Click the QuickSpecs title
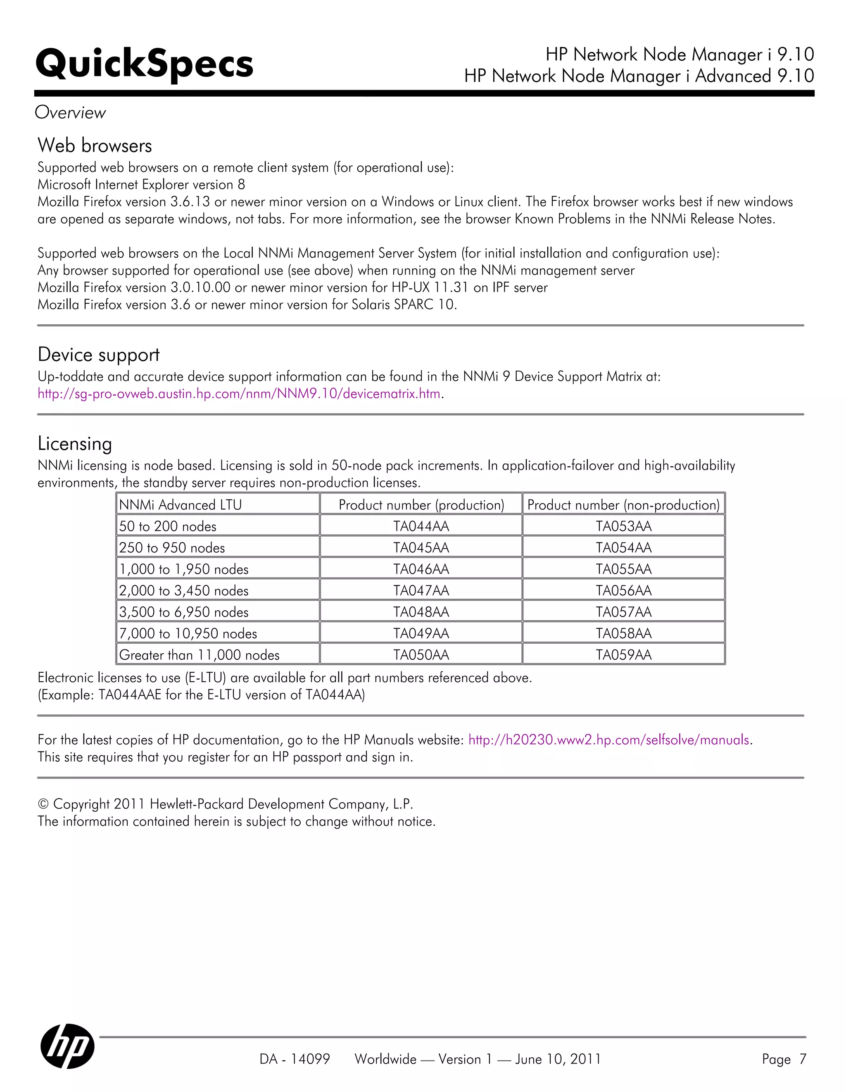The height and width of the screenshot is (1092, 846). [144, 64]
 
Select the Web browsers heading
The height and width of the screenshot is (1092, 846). [95, 145]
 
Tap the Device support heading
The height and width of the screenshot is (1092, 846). [98, 354]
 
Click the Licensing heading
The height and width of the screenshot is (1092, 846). [74, 443]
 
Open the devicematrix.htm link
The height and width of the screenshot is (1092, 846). [239, 394]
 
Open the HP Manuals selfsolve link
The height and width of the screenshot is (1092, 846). [608, 740]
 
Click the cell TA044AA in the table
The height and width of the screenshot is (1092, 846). [421, 526]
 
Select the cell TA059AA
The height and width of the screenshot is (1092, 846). [623, 654]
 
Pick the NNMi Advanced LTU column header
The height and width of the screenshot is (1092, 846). [180, 505]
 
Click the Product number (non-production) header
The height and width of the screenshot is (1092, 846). [623, 505]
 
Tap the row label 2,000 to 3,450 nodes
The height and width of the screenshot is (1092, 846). [183, 590]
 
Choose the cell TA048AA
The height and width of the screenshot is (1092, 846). [421, 612]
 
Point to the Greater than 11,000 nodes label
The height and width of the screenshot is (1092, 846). [199, 654]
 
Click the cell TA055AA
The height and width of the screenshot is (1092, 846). [623, 569]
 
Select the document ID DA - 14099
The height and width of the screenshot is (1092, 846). [295, 1059]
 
